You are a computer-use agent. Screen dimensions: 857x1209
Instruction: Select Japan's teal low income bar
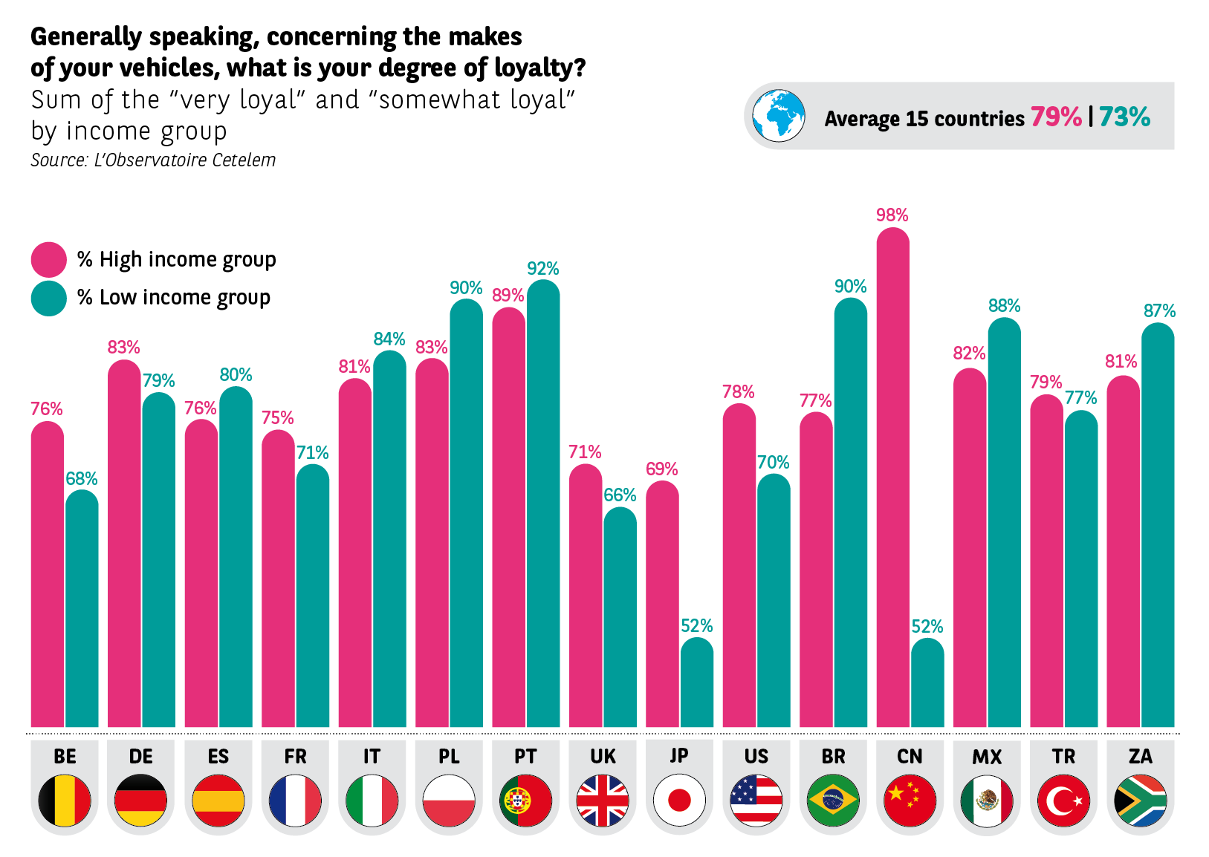[x=697, y=683]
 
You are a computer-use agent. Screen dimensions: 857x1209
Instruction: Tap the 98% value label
[x=892, y=215]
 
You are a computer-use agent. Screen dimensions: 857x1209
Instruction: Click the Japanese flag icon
[x=679, y=800]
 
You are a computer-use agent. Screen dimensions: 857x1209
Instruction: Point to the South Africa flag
[x=1140, y=800]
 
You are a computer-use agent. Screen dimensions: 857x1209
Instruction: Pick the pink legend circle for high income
[x=49, y=259]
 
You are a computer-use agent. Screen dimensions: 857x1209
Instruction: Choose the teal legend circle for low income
[x=49, y=298]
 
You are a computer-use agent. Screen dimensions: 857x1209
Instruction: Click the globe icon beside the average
[x=778, y=117]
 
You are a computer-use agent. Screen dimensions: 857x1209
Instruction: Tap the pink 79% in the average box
[x=1055, y=117]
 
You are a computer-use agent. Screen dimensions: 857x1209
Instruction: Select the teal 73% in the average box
[x=1124, y=117]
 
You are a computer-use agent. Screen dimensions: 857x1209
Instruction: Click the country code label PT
[x=525, y=756]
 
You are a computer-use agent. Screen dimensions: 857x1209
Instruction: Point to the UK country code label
[x=603, y=756]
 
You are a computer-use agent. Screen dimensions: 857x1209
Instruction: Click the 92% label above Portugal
[x=542, y=268]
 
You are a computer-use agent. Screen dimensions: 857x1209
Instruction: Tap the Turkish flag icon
[x=1063, y=800]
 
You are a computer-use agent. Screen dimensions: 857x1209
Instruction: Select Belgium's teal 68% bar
[x=82, y=609]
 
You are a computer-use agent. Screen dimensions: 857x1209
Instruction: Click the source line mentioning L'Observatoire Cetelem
[x=153, y=160]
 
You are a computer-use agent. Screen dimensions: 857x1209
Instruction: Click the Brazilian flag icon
[x=833, y=800]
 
